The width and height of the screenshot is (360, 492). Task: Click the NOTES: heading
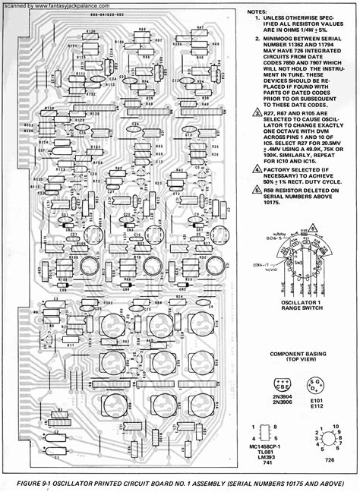(257, 13)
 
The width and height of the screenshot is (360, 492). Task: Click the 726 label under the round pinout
(330, 459)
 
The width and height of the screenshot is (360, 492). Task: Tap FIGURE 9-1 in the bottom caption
(43, 483)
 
